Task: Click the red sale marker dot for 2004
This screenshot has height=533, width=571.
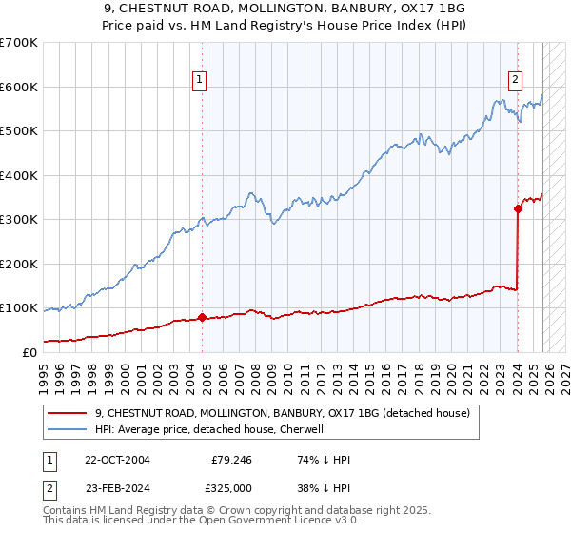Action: pyautogui.click(x=202, y=317)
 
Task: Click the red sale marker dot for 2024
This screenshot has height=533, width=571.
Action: pyautogui.click(x=518, y=208)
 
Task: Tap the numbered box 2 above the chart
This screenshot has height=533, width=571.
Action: pyautogui.click(x=515, y=81)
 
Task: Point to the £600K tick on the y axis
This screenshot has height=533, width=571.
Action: pyautogui.click(x=19, y=87)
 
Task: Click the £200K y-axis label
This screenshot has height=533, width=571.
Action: pyautogui.click(x=19, y=264)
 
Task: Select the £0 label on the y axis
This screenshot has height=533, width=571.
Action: pyautogui.click(x=29, y=352)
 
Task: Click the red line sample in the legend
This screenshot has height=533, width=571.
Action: pyautogui.click(x=67, y=414)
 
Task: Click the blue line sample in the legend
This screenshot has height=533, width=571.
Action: pyautogui.click(x=67, y=430)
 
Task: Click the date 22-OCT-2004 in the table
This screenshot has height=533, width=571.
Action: pyautogui.click(x=117, y=459)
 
